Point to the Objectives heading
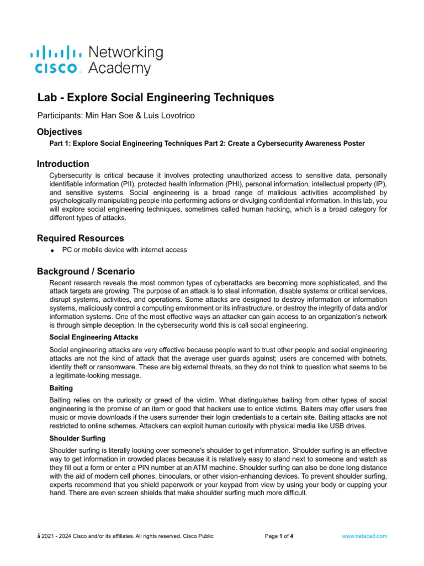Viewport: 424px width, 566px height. tap(60, 132)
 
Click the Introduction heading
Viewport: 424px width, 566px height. tap(63, 164)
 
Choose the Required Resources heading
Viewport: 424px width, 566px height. tap(81, 238)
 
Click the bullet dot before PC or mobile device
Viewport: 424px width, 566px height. tap(51, 250)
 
